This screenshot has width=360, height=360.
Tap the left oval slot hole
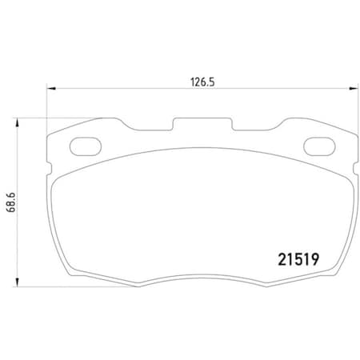click(x=83, y=146)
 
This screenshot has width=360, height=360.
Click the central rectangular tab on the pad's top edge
click(x=199, y=125)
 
